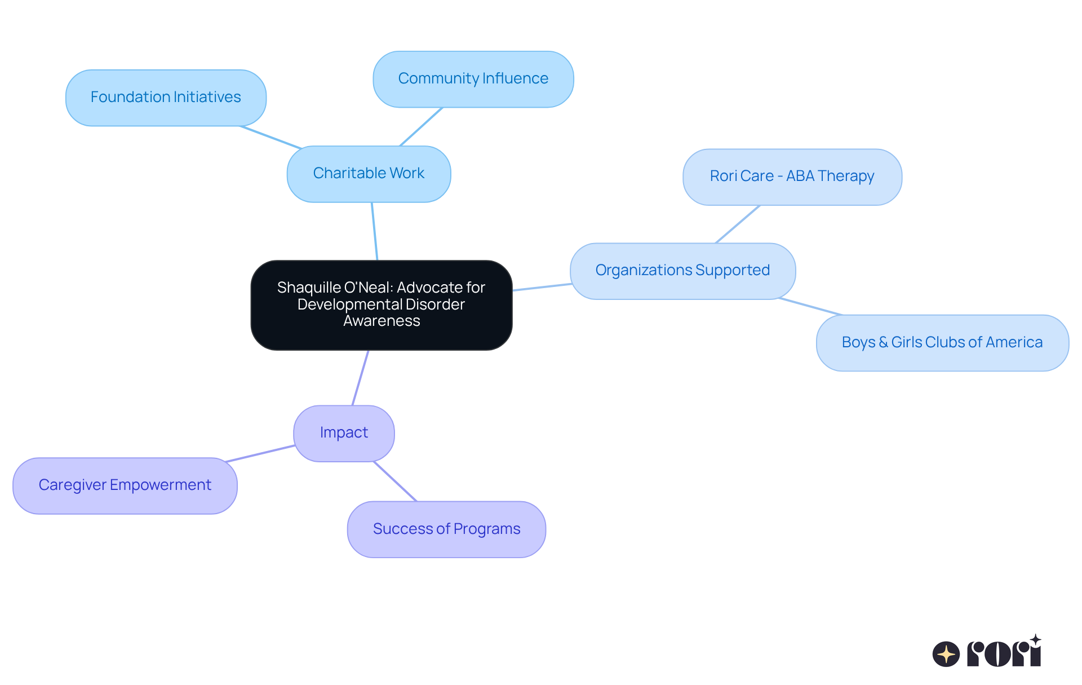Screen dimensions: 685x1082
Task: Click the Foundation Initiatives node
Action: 166,98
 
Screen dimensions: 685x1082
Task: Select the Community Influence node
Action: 473,79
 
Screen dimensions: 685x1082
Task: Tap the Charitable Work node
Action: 369,174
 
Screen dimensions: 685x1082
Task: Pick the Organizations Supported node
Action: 682,271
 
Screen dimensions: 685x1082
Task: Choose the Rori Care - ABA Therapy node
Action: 792,176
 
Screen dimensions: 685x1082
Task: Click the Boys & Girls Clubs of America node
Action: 942,343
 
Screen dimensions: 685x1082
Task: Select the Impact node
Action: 344,433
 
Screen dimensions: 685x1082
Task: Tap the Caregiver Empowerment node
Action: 125,485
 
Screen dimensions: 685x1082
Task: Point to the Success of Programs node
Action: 446,529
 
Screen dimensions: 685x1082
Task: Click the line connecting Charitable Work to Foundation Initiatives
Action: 270,138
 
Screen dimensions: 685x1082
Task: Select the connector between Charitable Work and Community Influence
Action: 421,126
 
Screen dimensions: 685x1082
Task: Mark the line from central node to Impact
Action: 360,378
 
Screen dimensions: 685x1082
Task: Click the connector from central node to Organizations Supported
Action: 542,288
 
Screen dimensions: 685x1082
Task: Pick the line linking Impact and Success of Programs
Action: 394,481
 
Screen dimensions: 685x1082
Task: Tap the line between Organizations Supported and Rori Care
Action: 737,224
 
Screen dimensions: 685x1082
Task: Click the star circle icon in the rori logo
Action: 946,654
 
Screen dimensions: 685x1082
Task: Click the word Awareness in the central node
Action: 382,321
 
